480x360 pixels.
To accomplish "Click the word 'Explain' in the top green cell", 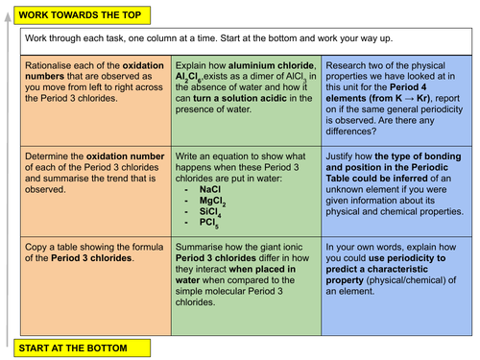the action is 193,64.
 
